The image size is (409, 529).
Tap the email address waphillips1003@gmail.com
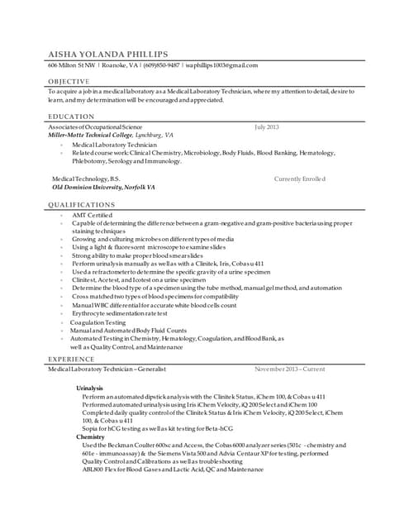[222, 64]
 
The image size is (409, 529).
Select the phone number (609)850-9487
[164, 64]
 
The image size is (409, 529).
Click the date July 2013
[267, 126]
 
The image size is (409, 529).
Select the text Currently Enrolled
[299, 178]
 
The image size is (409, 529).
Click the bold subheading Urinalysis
[89, 387]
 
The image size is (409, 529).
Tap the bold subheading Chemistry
[90, 436]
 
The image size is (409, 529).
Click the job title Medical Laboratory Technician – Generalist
[107, 369]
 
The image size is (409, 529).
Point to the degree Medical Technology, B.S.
[86, 178]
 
